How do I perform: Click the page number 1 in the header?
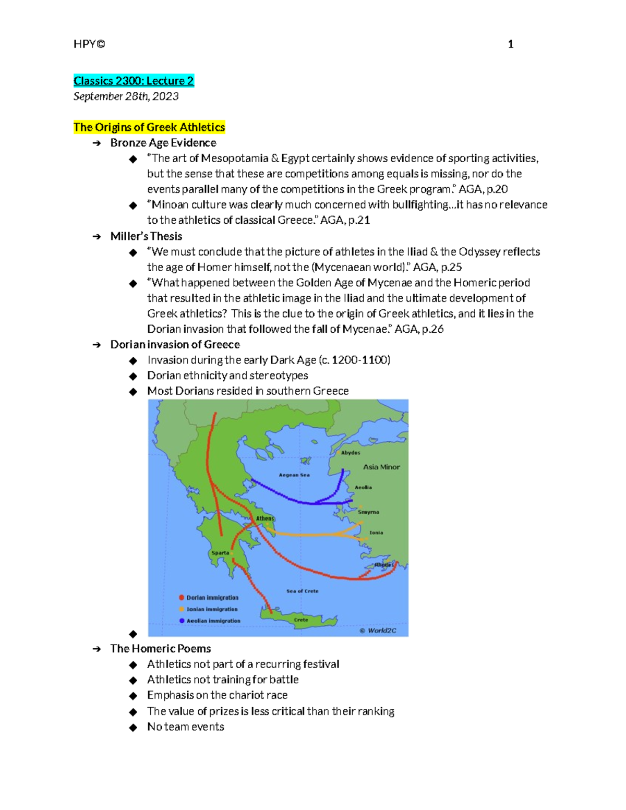[x=511, y=44]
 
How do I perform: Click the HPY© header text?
[x=89, y=44]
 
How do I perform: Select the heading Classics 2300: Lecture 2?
[x=134, y=81]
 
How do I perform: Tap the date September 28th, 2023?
[x=126, y=96]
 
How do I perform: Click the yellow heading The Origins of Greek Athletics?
[x=149, y=127]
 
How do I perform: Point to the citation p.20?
[x=497, y=189]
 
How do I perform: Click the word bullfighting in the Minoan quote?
[x=420, y=204]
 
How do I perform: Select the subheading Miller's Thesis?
[x=146, y=236]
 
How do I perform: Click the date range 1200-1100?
[x=360, y=360]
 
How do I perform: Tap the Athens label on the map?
[x=265, y=518]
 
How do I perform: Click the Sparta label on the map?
[x=220, y=553]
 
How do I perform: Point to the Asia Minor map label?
[x=381, y=467]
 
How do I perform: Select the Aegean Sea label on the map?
[x=294, y=475]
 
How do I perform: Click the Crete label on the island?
[x=301, y=620]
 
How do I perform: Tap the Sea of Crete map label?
[x=303, y=591]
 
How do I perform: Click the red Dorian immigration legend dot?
[x=182, y=598]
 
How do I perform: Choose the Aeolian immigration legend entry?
[x=213, y=621]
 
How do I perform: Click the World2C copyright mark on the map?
[x=378, y=631]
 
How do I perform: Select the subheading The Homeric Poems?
[x=161, y=649]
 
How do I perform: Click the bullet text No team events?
[x=186, y=727]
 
